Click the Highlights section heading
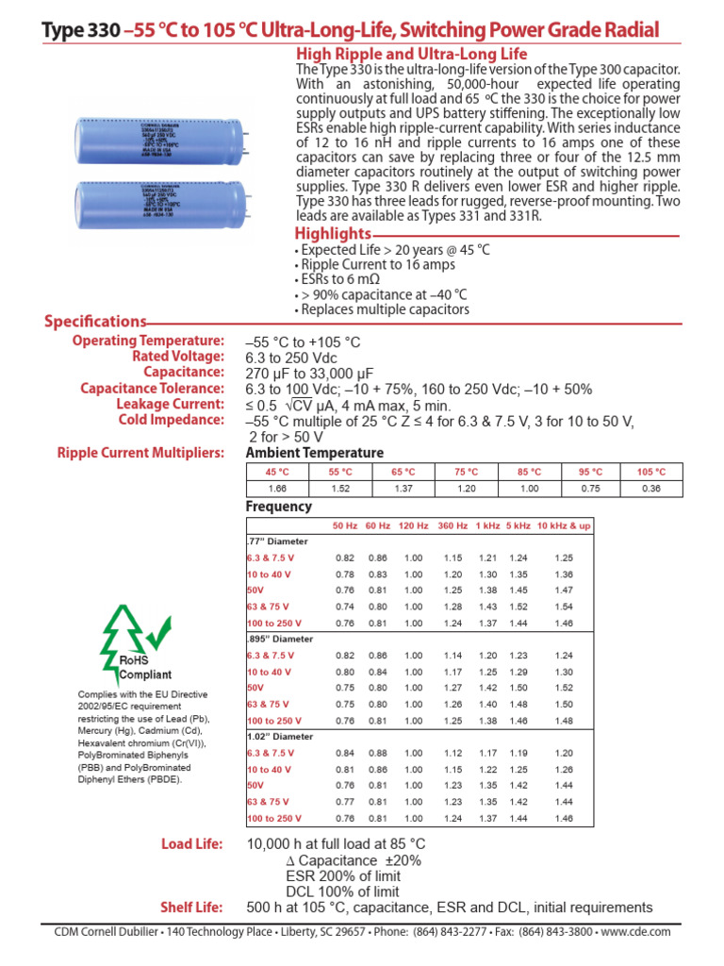333,234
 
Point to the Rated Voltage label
178,357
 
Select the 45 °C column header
277,472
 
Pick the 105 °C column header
651,472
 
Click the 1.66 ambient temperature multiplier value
277,489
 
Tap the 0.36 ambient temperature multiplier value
651,489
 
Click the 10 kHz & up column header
564,525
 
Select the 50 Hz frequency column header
344,525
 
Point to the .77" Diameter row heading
276,541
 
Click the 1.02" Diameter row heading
278,736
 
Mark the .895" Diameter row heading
279,639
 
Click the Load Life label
194,844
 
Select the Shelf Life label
193,908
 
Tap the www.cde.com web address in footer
634,931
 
